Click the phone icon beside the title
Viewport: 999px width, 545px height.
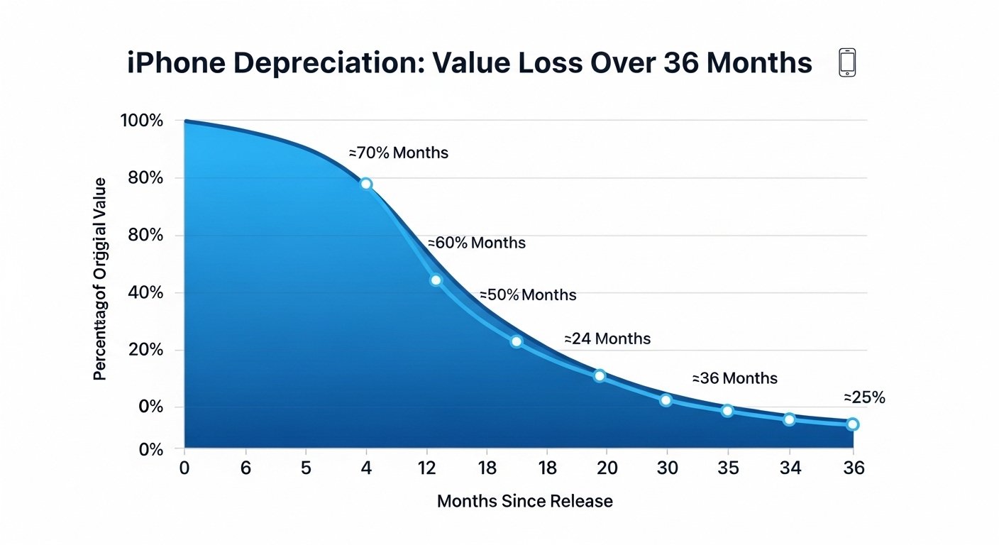[847, 62]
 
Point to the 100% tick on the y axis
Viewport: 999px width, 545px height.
[142, 121]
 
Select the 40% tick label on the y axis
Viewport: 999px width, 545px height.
[146, 292]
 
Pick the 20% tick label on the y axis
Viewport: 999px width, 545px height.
[146, 350]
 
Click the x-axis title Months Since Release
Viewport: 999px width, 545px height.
[524, 501]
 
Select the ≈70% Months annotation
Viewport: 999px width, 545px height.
[398, 153]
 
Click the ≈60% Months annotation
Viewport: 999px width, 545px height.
[476, 243]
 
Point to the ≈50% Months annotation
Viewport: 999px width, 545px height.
[528, 294]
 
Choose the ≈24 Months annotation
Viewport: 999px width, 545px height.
[607, 338]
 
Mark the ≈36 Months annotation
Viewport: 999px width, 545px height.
[734, 378]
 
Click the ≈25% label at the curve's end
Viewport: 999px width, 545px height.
[864, 397]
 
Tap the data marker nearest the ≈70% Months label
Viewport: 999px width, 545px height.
[366, 184]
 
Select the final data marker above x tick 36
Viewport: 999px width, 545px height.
[853, 424]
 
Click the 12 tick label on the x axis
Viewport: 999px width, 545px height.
[426, 468]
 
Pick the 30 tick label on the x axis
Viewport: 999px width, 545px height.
[667, 468]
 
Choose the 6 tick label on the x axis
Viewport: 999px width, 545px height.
[245, 468]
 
